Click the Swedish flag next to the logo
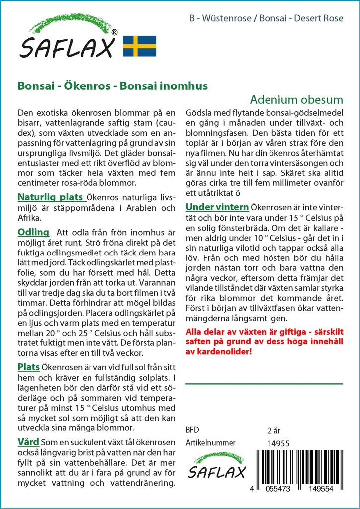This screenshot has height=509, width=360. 140,46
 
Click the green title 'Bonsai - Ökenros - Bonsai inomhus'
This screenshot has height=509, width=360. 113,85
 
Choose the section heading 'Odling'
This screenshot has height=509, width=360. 33,232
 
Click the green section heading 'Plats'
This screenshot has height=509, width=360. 29,367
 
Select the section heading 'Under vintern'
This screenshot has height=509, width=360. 217,207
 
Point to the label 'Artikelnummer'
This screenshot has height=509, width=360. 210,443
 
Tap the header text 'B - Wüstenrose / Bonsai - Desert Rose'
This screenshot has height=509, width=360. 266,19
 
